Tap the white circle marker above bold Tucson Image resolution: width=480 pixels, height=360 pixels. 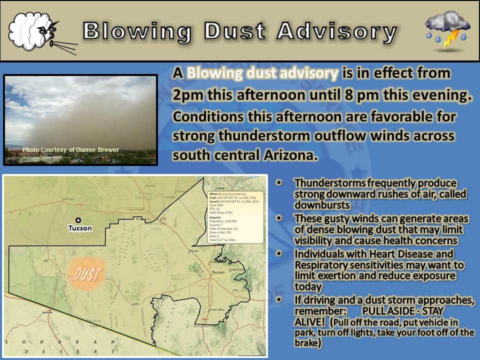[x=78, y=220]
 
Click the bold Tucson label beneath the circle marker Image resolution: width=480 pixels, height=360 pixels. [x=80, y=228]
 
